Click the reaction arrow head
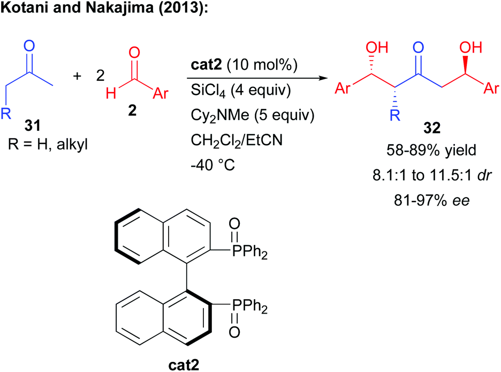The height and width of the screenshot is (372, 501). (323, 79)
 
